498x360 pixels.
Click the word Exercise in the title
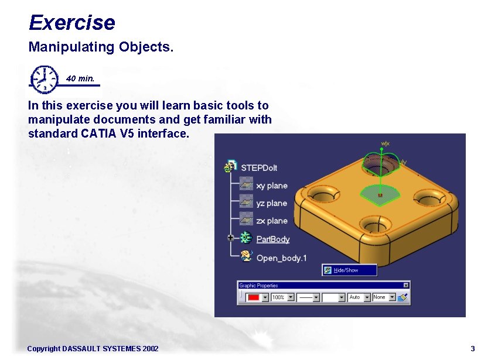[71, 23]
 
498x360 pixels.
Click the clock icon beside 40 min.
[44, 78]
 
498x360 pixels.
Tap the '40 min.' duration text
[80, 78]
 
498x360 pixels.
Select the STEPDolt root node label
[259, 167]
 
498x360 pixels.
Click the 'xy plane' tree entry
[272, 186]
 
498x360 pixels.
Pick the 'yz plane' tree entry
[272, 203]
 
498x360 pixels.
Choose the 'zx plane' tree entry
[272, 221]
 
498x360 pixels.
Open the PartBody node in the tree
[273, 239]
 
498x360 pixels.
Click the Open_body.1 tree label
[281, 258]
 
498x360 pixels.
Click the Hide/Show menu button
[349, 270]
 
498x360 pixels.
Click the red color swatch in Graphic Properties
[254, 297]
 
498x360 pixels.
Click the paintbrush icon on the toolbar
[403, 297]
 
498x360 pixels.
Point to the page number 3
[472, 349]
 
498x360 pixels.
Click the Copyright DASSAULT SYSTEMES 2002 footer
[93, 349]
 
